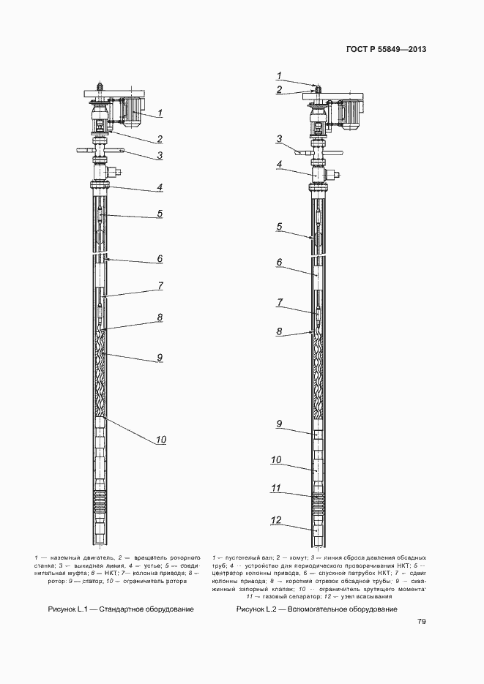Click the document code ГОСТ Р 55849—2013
pyautogui.click(x=386, y=50)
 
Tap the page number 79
pyautogui.click(x=422, y=622)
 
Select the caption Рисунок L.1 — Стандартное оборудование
pyautogui.click(x=121, y=609)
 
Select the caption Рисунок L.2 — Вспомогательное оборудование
pyautogui.click(x=316, y=609)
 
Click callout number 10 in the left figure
pyautogui.click(x=161, y=440)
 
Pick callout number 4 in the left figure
pyautogui.click(x=159, y=187)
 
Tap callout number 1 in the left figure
pyautogui.click(x=160, y=113)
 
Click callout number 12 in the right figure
pyautogui.click(x=276, y=520)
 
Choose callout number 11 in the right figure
pyautogui.click(x=276, y=486)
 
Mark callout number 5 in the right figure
pyautogui.click(x=279, y=227)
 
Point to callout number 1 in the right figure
pyautogui.click(x=279, y=75)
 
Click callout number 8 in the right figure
pyautogui.click(x=279, y=331)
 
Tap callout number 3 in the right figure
pyautogui.click(x=279, y=138)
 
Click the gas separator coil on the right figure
pyautogui.click(x=317, y=503)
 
